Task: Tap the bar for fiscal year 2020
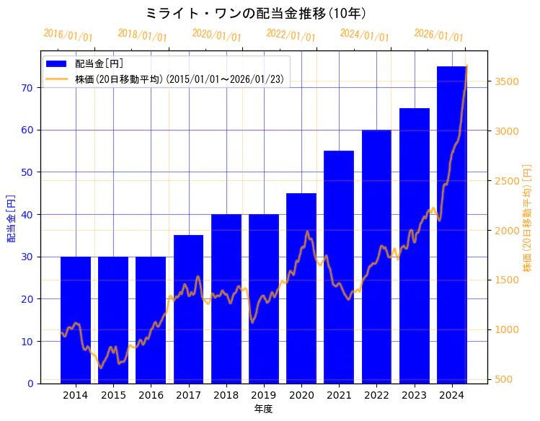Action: click(301, 288)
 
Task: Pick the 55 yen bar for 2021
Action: click(339, 267)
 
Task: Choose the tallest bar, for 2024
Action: click(451, 224)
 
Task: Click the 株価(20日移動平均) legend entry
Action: click(166, 79)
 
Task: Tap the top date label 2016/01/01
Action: click(68, 35)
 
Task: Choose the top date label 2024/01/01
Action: click(364, 35)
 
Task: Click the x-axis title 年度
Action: click(263, 408)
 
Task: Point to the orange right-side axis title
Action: click(527, 218)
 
